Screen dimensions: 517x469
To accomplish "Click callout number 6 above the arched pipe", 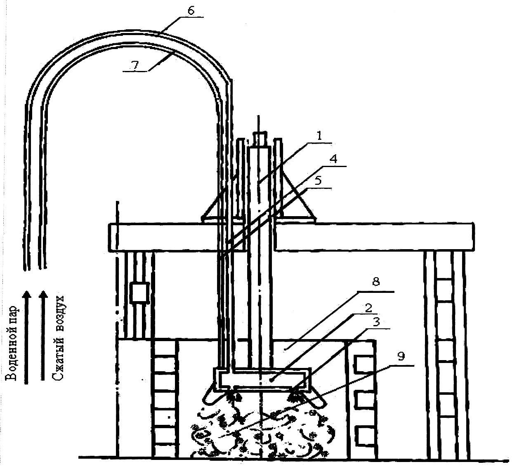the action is click(191, 11).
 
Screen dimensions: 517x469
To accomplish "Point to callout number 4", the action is click(333, 159).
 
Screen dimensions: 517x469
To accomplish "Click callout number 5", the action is click(319, 181).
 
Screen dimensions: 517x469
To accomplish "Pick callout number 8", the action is click(376, 282).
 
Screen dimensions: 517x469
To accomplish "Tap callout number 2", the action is click(368, 308).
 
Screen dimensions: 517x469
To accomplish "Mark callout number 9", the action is click(401, 356).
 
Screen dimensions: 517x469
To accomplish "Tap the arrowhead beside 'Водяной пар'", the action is click(26, 294).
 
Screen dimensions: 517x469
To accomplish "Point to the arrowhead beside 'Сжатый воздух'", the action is click(43, 294).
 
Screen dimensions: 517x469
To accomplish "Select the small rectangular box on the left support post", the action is click(139, 293).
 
